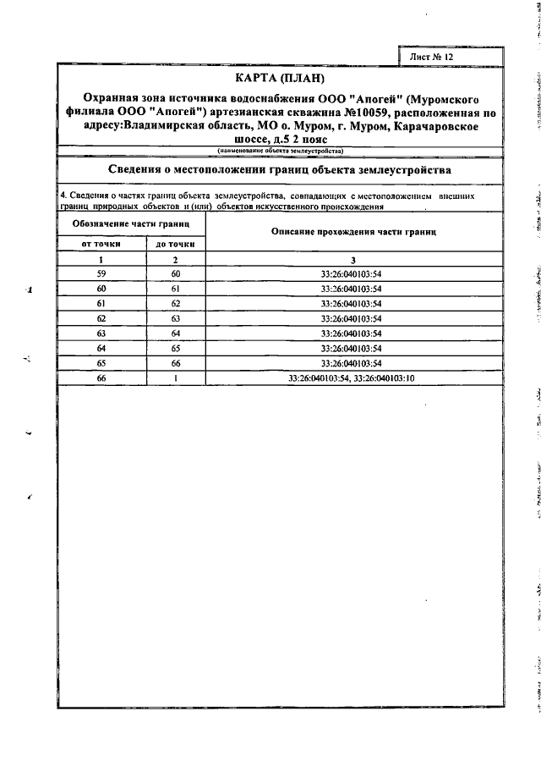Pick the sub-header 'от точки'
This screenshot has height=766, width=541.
point(101,244)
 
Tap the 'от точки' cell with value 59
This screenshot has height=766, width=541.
point(101,274)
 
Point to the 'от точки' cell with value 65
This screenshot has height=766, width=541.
point(101,362)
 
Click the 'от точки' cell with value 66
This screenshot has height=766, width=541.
point(101,377)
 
